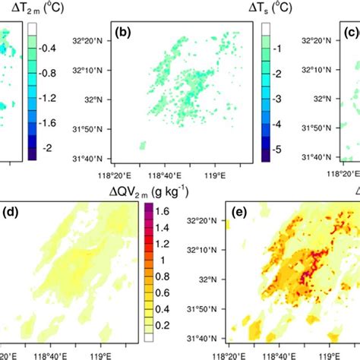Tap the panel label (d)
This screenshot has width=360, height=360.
(11, 209)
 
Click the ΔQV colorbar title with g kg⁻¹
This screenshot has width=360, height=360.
(147, 188)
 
